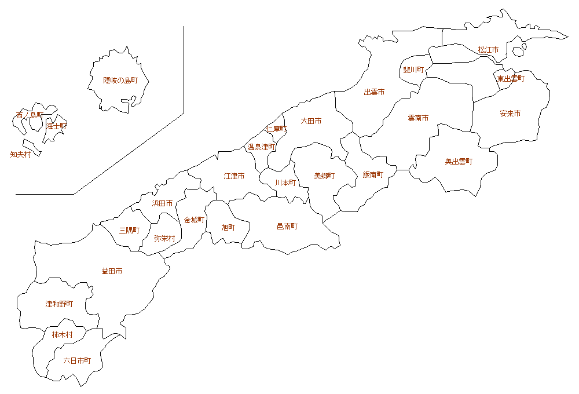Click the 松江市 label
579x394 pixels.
488,50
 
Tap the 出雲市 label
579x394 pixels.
374,92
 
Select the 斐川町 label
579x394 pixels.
413,70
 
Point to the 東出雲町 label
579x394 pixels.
510,79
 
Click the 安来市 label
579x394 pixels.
510,114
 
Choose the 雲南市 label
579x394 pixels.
418,118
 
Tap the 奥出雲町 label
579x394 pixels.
459,162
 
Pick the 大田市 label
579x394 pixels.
311,121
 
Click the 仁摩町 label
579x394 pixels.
276,129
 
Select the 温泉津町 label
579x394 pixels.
262,147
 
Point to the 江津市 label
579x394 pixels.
234,176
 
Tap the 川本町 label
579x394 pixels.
285,183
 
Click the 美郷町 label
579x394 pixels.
324,176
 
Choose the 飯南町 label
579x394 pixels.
373,175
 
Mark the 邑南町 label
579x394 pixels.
287,227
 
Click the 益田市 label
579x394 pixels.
112,271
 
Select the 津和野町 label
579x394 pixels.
59,304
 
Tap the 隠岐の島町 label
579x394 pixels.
120,81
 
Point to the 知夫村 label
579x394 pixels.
20,155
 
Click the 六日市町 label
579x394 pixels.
77,360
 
